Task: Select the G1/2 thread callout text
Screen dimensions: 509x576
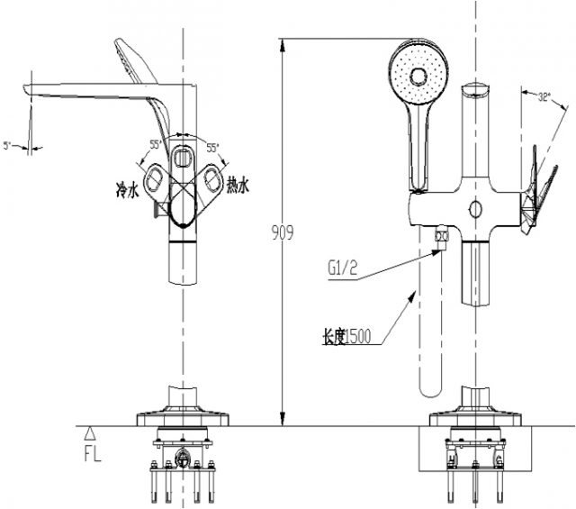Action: [x=343, y=267]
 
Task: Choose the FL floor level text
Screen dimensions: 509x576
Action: [x=93, y=453]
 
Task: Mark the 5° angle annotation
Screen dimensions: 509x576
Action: [x=8, y=144]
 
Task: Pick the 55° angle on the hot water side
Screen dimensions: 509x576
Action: [x=212, y=146]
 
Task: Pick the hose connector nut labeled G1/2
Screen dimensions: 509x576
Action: [x=441, y=237]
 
